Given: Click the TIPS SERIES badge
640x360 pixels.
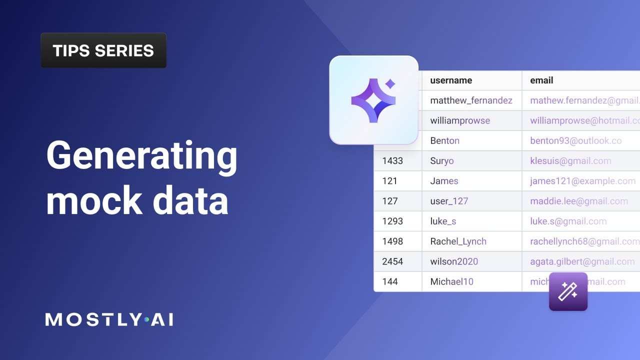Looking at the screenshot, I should [x=103, y=50].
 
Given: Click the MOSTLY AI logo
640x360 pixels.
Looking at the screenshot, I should [x=109, y=319].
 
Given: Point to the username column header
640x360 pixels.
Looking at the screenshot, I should [x=451, y=80].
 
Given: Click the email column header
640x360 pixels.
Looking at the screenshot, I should [x=541, y=80].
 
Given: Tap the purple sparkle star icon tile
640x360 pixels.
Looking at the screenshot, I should [x=373, y=100].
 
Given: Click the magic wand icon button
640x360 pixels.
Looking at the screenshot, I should [x=568, y=291].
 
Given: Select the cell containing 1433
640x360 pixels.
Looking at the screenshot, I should [x=392, y=161].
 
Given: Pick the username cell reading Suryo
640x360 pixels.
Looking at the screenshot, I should [x=442, y=161].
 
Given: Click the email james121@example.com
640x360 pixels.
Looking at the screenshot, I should [x=582, y=181].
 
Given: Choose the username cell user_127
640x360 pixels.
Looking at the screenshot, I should [x=449, y=201].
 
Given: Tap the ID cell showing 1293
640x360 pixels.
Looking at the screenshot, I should [x=392, y=221].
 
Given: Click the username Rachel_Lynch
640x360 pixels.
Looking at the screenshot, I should [x=458, y=241].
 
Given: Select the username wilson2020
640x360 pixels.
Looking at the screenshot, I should [x=454, y=261].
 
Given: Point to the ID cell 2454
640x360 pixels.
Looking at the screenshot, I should [x=392, y=261].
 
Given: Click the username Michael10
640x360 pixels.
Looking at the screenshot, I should [x=451, y=281].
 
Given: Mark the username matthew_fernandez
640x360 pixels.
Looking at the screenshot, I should [x=471, y=100].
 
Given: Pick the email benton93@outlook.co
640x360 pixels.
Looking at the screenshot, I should [x=575, y=140].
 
